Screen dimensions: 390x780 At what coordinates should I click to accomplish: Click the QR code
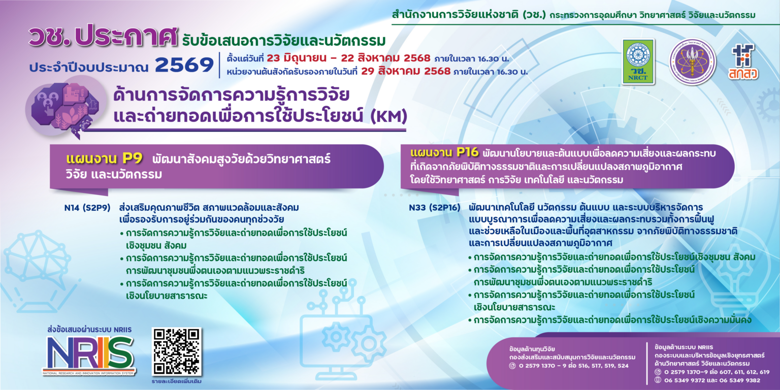177,351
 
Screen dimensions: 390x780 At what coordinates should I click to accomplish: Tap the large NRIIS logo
89,353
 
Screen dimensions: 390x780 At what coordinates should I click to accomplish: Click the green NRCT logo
639,61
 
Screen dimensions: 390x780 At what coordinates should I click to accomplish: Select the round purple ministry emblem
692,62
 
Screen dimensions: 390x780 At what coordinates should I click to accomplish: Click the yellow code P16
467,152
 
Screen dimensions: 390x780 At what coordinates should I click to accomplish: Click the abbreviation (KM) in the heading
389,117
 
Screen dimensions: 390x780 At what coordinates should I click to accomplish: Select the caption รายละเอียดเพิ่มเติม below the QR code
177,380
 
